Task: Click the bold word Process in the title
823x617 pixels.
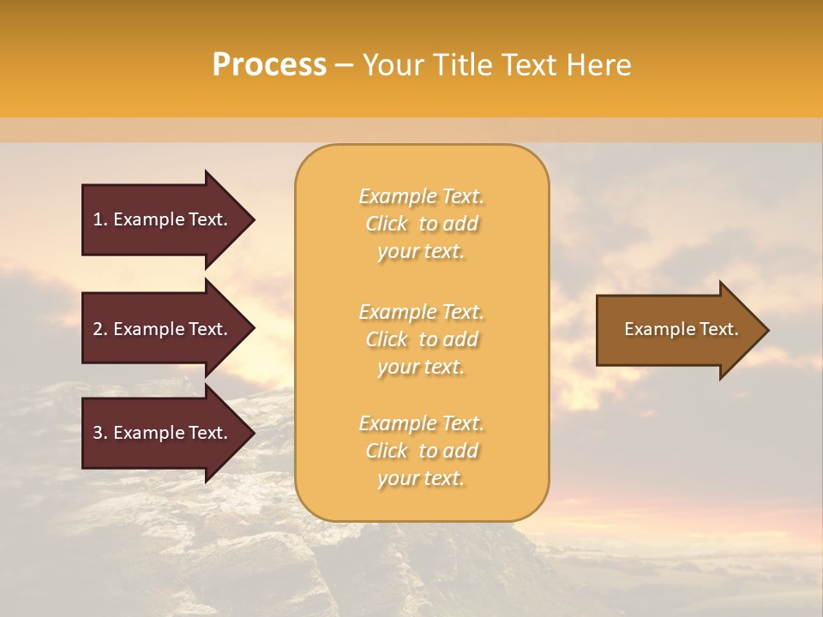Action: [x=269, y=65]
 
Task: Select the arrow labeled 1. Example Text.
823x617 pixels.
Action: [x=163, y=219]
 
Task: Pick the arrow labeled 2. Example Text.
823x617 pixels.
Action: [x=163, y=329]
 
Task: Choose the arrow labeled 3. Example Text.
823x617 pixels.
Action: [x=163, y=433]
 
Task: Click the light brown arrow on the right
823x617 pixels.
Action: [x=677, y=330]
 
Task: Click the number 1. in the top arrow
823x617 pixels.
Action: [x=100, y=219]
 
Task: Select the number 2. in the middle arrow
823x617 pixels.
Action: [x=100, y=329]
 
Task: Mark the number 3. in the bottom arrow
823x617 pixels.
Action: [x=100, y=433]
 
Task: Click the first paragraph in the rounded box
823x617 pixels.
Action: [x=421, y=224]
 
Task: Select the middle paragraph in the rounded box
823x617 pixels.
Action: [x=421, y=339]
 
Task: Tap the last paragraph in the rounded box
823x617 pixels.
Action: [x=421, y=451]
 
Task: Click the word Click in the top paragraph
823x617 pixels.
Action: [x=387, y=225]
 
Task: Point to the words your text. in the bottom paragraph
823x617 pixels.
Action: [x=421, y=479]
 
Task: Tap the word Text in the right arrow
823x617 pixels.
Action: [x=719, y=329]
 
